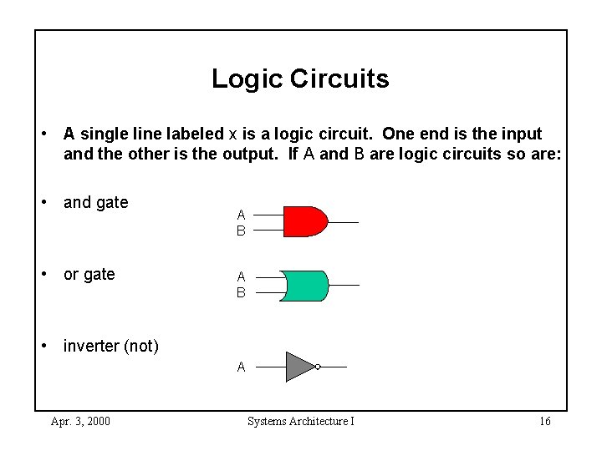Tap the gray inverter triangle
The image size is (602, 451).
coord(298,366)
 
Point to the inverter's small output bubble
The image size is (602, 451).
coord(318,366)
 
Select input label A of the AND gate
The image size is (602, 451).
coord(241,214)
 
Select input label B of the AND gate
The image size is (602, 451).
coord(241,231)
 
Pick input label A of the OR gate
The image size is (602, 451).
coord(241,276)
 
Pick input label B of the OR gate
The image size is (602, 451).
coord(241,293)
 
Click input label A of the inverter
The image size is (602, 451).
coord(241,367)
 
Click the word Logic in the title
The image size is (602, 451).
coord(247,79)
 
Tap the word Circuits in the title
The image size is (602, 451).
coord(339,79)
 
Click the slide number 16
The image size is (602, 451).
coord(544,421)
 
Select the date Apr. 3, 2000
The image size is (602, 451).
coord(80,421)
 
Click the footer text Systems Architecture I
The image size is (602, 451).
coord(301,421)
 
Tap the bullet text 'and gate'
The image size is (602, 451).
coord(95,202)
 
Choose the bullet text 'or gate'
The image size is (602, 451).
coord(89,274)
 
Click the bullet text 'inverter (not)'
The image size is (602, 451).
coord(110,346)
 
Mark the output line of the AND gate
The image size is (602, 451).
coord(344,222)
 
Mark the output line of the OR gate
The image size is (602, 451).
coord(344,286)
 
